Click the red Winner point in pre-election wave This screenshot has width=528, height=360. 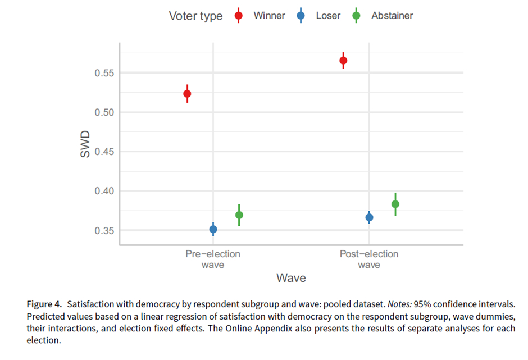[x=187, y=94]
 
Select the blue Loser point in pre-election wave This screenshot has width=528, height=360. [x=213, y=229]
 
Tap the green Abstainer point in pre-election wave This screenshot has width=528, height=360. [x=239, y=215]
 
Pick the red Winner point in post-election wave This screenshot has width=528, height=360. [x=343, y=61]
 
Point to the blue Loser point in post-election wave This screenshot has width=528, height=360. [x=369, y=217]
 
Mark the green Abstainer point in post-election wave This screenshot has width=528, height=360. [x=395, y=204]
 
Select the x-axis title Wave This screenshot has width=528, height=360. [x=291, y=278]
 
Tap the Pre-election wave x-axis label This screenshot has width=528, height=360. [x=213, y=259]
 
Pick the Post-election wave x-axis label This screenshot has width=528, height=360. [x=369, y=259]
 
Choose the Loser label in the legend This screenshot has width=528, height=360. [x=328, y=16]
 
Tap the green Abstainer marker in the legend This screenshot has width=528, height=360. [x=356, y=16]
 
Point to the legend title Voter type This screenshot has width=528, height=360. [x=195, y=16]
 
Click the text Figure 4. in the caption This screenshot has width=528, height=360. [x=44, y=304]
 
